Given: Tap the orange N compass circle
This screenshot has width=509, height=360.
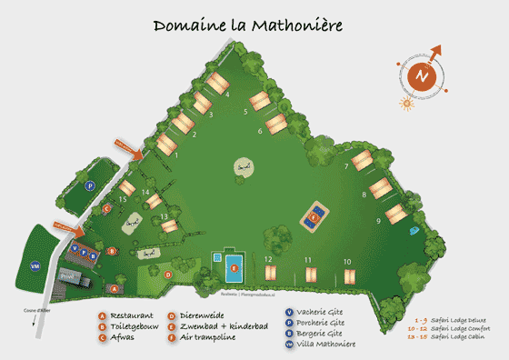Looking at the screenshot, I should coord(420,76).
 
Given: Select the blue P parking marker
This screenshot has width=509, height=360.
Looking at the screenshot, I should coord(90,185).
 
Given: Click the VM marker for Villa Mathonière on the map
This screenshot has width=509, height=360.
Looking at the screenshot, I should coord(35,265).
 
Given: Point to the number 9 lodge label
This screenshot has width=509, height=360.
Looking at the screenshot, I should coord(378,221).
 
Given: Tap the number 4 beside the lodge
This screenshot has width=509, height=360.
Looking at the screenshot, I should coord(226,95).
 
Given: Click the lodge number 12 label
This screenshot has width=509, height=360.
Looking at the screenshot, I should coord(268,260).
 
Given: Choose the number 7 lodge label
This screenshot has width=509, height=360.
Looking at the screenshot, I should coord(347,166).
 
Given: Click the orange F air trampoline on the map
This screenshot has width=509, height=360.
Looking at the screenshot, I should coord(314,217).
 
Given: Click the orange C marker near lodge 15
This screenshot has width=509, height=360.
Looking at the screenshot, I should coord(106,208).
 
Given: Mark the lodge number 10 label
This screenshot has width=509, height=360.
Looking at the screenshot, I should coord(347,261).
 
